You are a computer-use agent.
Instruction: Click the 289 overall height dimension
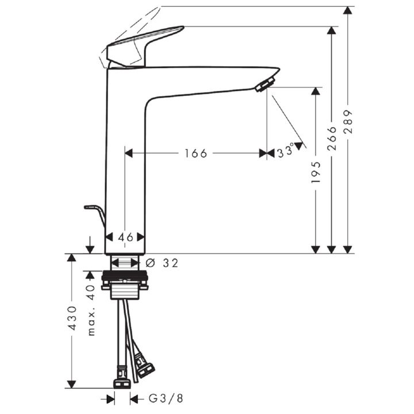(x=348, y=121)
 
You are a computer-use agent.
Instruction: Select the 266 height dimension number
(x=332, y=139)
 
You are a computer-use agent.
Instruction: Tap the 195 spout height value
(x=316, y=172)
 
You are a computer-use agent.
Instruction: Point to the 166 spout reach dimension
(x=195, y=154)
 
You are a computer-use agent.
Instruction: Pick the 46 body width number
(x=125, y=237)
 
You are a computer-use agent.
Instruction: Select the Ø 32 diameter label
(x=162, y=263)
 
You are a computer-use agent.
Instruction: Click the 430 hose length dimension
(x=72, y=318)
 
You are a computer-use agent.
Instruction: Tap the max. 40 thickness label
(x=91, y=310)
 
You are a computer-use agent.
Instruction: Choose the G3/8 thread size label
(x=166, y=398)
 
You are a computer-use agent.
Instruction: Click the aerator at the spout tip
(x=265, y=84)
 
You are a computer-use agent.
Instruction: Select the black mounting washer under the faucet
(x=125, y=275)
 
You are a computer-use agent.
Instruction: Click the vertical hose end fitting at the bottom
(x=122, y=377)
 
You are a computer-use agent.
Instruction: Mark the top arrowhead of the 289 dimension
(x=348, y=10)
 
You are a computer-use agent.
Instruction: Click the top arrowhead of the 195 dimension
(x=316, y=91)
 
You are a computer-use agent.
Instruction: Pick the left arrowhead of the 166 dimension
(x=129, y=153)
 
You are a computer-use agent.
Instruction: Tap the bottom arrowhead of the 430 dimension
(x=71, y=385)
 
